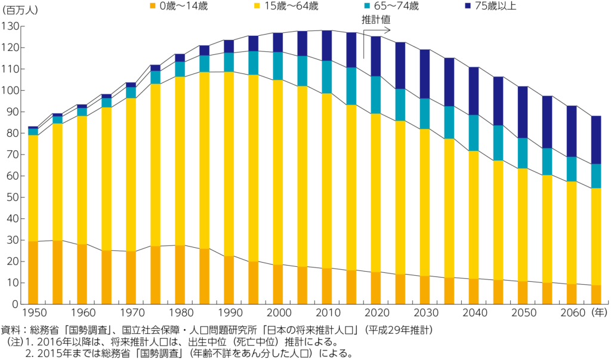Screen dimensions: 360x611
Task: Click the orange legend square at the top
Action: coord(152,5)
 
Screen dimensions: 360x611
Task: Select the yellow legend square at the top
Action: coord(257,5)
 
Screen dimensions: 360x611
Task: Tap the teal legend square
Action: coord(367,5)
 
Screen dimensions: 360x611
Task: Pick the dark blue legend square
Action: coord(468,5)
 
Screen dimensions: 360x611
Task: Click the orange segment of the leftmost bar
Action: coord(33,272)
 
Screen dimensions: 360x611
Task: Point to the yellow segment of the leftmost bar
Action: coord(33,188)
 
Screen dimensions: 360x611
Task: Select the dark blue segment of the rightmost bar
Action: coord(596,140)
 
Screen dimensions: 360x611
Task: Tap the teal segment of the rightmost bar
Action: coord(596,176)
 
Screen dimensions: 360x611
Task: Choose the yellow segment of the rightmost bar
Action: coord(596,236)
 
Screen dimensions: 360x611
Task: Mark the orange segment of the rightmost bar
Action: coord(596,294)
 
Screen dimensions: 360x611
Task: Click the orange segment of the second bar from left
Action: coord(57,272)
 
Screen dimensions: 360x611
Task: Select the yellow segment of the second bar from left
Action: coord(57,182)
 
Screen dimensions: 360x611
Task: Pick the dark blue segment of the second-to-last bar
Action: coord(572,131)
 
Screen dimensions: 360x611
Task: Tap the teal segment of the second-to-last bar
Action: coord(572,170)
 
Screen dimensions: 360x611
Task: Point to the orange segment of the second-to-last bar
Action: coord(572,294)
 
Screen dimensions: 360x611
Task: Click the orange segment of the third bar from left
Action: coord(82,274)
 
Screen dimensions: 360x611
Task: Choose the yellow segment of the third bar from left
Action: coord(82,180)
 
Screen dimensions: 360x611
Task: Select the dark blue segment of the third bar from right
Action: coord(547,122)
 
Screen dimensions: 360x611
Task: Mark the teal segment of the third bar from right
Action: coord(547,162)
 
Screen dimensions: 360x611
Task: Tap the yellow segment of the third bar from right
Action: coord(547,229)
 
